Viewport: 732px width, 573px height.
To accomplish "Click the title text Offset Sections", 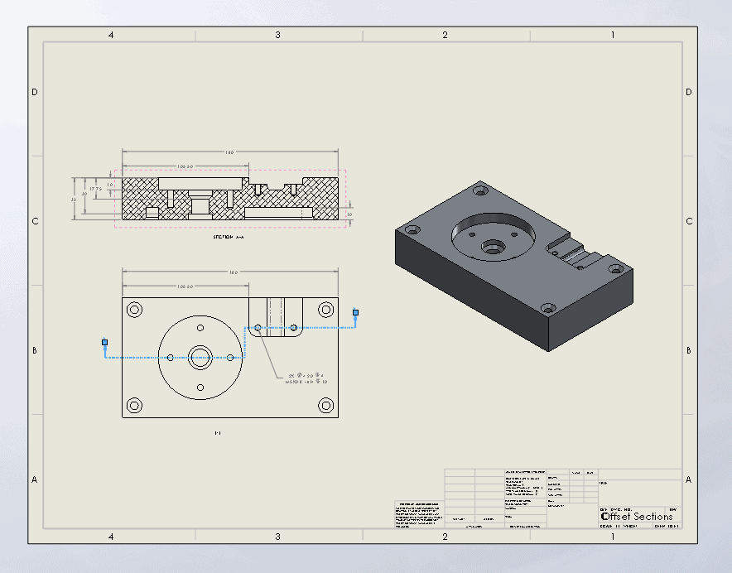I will [637, 517].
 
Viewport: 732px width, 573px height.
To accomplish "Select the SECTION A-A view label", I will [229, 237].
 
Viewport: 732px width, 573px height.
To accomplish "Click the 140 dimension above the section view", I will [229, 152].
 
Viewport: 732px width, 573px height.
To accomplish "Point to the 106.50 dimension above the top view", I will [185, 286].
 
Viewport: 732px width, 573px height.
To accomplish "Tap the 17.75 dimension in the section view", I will [97, 189].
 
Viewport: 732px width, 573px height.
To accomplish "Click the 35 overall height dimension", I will [73, 200].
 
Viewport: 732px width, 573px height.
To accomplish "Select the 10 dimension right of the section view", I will [349, 214].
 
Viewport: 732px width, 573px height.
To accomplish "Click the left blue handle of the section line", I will [105, 342].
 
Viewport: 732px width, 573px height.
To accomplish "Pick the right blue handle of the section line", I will [356, 312].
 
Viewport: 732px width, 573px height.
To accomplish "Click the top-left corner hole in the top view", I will [134, 310].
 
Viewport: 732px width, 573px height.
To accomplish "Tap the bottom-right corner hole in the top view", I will [325, 406].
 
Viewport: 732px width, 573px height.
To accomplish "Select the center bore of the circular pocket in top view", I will [200, 358].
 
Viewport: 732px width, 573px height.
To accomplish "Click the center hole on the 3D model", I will [494, 246].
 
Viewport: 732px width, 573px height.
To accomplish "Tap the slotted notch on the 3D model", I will [571, 252].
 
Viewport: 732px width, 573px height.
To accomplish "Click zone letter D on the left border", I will [35, 92].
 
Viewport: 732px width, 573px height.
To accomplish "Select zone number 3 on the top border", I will [277, 35].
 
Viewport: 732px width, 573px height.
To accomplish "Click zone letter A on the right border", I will [688, 479].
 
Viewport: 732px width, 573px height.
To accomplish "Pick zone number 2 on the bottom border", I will [445, 537].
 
